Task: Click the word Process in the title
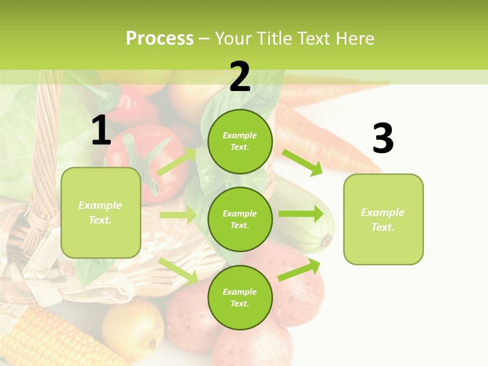tap(160, 39)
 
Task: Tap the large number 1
tap(101, 131)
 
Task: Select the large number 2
tap(240, 77)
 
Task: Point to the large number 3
tap(383, 139)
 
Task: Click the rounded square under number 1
tap(101, 212)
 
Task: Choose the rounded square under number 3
tap(383, 219)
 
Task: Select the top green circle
tap(240, 141)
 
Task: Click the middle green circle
tap(240, 219)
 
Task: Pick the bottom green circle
tap(240, 297)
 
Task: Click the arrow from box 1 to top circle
tap(177, 162)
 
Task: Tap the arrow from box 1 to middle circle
tap(177, 215)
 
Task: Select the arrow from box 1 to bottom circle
tap(178, 270)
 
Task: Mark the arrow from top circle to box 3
tap(302, 163)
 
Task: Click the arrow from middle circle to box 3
tap(301, 213)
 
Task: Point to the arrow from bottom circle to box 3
tap(299, 269)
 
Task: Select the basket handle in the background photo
tap(43, 152)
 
